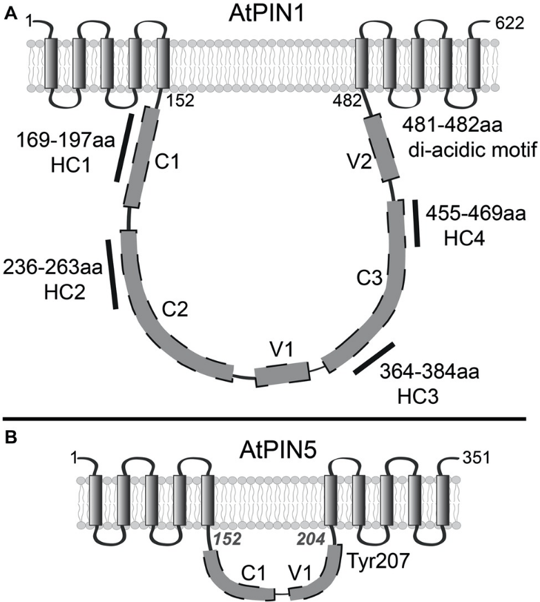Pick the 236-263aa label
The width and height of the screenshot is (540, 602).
tap(46, 265)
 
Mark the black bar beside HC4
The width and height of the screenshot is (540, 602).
tap(416, 222)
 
